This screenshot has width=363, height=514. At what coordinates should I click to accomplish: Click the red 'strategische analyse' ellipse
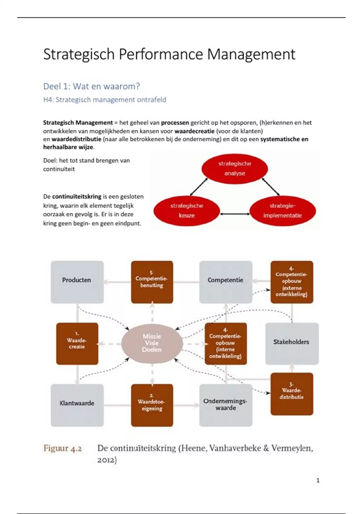point(234,168)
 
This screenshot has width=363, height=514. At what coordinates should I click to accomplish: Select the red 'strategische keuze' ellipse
point(186,211)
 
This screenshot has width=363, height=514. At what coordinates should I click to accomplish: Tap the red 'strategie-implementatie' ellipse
point(282,211)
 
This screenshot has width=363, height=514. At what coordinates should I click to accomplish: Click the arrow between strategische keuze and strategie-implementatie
point(235,214)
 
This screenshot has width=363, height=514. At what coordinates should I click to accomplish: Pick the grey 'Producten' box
point(77,282)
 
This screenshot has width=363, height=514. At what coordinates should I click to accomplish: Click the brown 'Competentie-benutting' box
point(152,282)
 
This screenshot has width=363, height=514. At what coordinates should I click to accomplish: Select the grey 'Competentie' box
point(225,282)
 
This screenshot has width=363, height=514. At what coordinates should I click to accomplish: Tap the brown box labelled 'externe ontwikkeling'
point(292,282)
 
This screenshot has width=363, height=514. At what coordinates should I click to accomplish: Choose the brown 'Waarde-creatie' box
point(77,343)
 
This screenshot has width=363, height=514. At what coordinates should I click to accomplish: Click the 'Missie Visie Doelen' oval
point(152,343)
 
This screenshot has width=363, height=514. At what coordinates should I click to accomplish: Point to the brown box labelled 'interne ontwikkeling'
point(225,343)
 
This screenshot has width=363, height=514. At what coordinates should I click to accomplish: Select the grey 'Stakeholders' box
point(292,343)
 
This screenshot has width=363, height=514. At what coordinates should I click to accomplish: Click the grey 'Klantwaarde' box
point(77,405)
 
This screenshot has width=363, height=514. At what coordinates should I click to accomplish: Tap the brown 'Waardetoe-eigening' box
point(152,405)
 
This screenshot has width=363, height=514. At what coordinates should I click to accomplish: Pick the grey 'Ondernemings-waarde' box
point(225,405)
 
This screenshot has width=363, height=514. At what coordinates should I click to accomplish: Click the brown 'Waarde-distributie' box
point(292,394)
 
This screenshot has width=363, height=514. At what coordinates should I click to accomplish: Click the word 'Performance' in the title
point(161,55)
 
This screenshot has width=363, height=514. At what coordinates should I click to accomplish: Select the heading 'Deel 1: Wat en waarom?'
point(91,86)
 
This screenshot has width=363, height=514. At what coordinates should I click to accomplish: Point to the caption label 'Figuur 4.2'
point(63,448)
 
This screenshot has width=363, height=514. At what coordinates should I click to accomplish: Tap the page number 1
point(318,480)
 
